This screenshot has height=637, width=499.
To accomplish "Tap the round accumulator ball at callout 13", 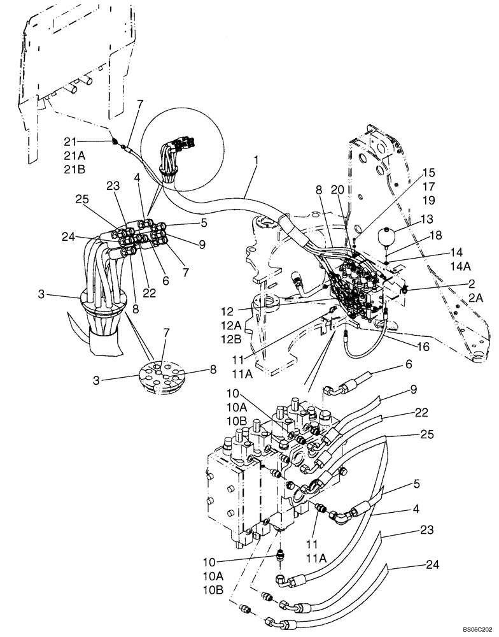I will [x=386, y=234].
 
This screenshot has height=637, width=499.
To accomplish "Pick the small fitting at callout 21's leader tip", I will [x=114, y=143].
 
